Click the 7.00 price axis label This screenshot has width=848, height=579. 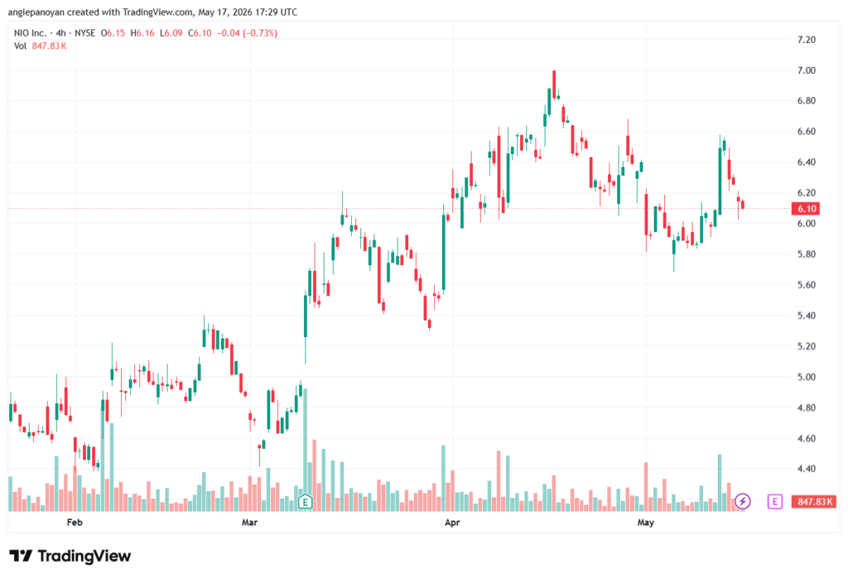coord(807,70)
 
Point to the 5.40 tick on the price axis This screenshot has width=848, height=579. coord(807,316)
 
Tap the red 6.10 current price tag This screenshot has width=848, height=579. coord(806,209)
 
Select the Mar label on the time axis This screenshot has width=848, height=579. coord(249,522)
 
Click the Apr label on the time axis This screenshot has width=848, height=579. coord(452,522)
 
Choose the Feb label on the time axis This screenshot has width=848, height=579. coord(75,522)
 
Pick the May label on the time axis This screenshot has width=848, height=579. coord(646,522)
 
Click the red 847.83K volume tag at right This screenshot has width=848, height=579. coord(814,502)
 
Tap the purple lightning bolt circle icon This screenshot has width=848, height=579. coord(743,501)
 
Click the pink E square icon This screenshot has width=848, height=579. coord(774,502)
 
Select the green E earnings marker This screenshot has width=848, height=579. coord(305,502)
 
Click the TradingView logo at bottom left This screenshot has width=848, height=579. coord(70,557)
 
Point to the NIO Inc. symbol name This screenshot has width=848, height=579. coord(31,33)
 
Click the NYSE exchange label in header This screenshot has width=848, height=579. coord(85,33)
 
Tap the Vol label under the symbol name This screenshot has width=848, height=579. coord(20,46)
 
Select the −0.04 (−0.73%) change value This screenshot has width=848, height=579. coord(247,33)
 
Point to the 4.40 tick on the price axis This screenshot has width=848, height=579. coord(807,469)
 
